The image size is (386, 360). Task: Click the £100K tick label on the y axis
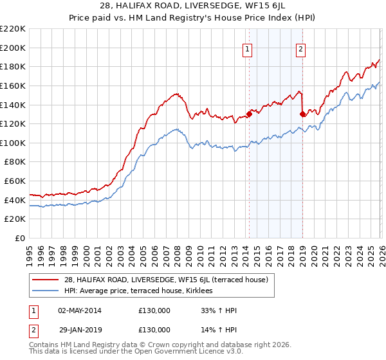[13, 143]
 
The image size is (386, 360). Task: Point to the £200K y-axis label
[13, 48]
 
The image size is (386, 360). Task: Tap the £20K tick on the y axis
[15, 219]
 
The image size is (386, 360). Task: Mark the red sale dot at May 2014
[250, 114]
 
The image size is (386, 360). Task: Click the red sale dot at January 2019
[302, 114]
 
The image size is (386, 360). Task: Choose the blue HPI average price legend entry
[142, 291]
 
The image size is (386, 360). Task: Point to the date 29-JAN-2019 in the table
[79, 330]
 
